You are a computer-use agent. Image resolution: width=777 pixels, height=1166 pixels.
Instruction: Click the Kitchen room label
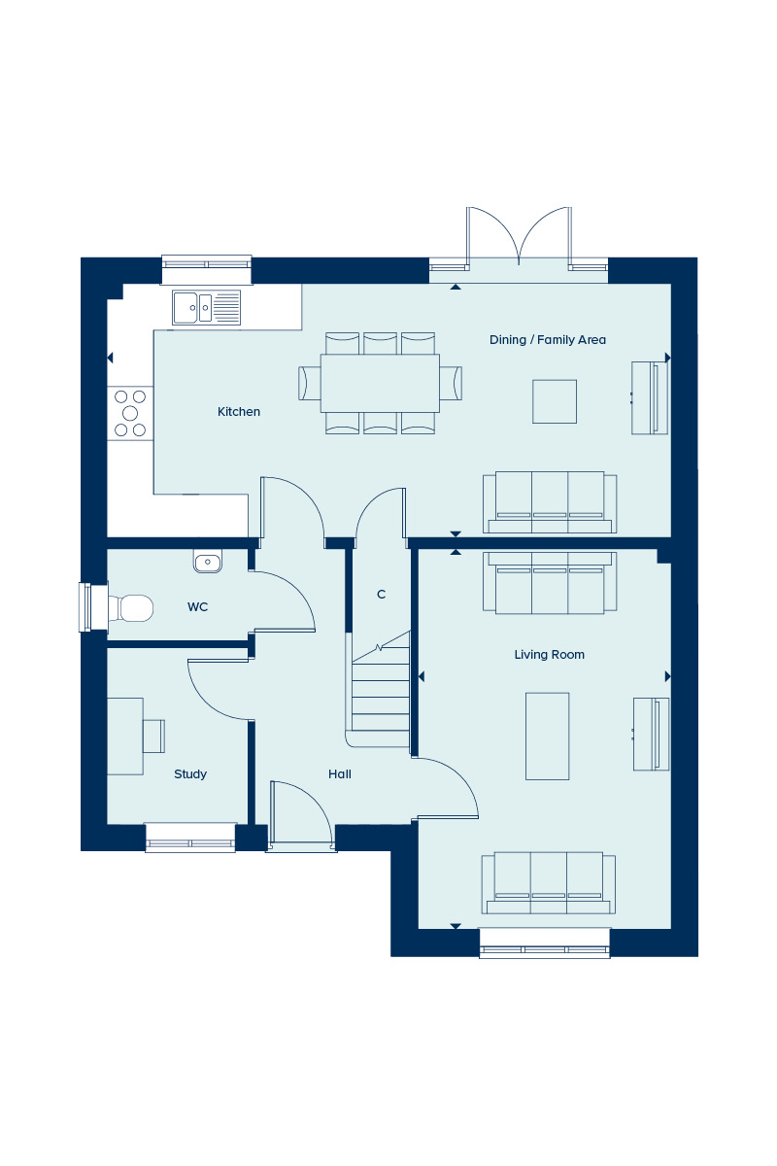[239, 412]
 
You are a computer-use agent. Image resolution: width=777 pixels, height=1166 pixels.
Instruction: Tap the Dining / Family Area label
[548, 340]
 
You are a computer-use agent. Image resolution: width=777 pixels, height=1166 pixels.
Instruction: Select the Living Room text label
[549, 655]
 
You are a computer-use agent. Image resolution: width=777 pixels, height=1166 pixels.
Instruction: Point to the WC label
[197, 607]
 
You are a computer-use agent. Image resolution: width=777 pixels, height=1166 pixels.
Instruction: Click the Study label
[190, 774]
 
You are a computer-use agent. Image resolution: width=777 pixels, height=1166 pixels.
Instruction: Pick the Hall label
[339, 774]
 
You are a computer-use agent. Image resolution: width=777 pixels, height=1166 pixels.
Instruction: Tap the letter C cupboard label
[381, 594]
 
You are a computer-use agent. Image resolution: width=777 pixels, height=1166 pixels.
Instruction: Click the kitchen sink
[207, 308]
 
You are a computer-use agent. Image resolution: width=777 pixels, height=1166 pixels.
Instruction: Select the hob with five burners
[130, 413]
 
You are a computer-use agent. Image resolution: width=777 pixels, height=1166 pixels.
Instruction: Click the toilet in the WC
[130, 608]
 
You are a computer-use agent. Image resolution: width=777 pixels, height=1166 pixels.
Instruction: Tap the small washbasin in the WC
[208, 561]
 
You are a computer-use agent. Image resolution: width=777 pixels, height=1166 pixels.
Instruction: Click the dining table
[380, 383]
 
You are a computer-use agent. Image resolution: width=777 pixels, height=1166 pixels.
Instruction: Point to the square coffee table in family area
[555, 401]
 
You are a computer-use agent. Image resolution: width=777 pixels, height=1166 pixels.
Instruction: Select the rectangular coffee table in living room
[548, 737]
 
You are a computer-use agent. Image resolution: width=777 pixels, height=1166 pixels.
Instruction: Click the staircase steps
[381, 689]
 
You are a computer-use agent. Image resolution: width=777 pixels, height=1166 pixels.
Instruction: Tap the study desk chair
[153, 737]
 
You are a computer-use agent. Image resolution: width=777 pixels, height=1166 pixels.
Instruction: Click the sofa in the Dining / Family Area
[550, 502]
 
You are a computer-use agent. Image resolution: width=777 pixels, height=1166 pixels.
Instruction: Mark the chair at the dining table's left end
[310, 383]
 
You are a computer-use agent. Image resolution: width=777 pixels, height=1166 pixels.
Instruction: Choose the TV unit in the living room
[651, 734]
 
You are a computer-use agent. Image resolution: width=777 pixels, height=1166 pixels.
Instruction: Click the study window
[190, 838]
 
